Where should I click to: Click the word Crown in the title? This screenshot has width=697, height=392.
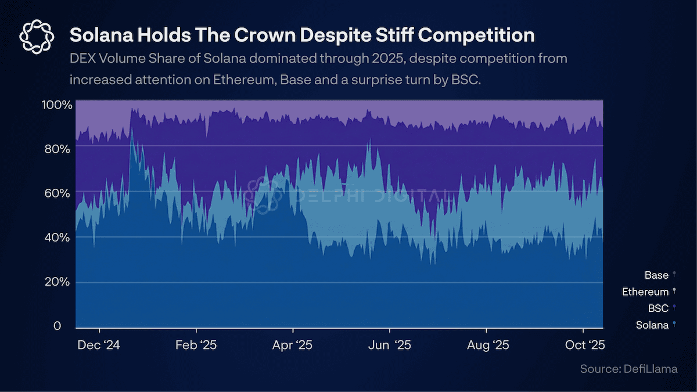pos(249,35)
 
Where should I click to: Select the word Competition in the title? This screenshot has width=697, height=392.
pos(468,35)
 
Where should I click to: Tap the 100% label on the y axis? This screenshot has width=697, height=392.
pos(58,105)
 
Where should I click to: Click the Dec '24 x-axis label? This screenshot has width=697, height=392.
pos(98,345)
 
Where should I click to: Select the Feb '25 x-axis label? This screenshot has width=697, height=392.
pos(196,345)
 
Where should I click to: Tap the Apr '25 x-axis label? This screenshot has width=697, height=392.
pos(292,345)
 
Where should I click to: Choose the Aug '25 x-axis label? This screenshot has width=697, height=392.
pos(488,345)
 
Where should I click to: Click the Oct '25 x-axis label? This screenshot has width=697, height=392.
pos(585,345)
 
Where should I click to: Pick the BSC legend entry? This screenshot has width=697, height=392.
pos(659,308)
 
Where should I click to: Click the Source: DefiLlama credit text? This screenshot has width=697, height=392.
pos(628,369)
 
